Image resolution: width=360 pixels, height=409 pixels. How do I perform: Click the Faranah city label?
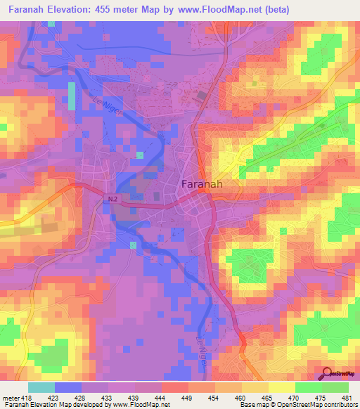pyautogui.click(x=202, y=185)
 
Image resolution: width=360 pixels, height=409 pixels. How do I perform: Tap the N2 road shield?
pyautogui.click(x=112, y=200)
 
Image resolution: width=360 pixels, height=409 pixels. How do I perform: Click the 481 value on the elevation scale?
pyautogui.click(x=347, y=398)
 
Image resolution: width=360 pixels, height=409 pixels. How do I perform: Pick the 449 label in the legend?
pyautogui.click(x=188, y=398)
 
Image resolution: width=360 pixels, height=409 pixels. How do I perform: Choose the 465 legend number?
pyautogui.click(x=268, y=398)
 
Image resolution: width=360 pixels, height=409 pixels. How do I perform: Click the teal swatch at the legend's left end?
pyautogui.click(x=41, y=387)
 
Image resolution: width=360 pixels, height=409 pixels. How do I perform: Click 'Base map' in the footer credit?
pyautogui.click(x=250, y=405)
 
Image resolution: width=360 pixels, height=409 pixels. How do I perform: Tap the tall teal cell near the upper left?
pyautogui.click(x=72, y=96)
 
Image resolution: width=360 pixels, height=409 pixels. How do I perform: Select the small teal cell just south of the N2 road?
pyautogui.click(x=133, y=245)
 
